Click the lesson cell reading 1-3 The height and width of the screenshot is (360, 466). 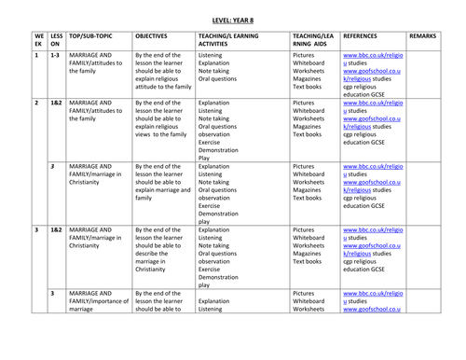point(52,57)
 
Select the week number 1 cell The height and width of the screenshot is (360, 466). point(34,57)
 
